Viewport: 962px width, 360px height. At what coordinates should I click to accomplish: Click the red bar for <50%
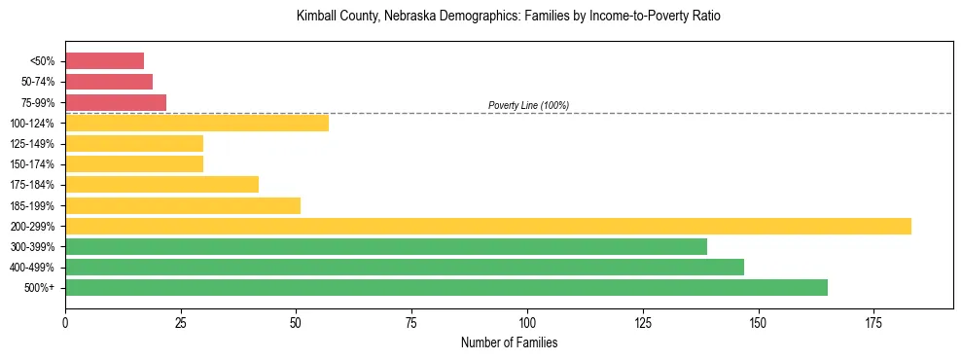pyautogui.click(x=104, y=61)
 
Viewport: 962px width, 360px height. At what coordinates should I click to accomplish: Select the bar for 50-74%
pyautogui.click(x=109, y=82)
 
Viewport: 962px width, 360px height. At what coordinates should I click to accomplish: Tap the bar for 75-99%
pyautogui.click(x=116, y=102)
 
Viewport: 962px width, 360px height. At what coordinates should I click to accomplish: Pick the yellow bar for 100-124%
pyautogui.click(x=196, y=123)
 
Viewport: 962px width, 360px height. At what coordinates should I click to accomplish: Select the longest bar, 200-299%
pyautogui.click(x=487, y=226)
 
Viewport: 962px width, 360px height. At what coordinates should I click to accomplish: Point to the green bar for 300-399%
pyautogui.click(x=386, y=246)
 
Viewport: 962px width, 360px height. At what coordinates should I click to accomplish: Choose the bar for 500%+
pyautogui.click(x=446, y=287)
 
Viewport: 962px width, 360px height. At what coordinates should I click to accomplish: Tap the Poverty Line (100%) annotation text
pyautogui.click(x=528, y=105)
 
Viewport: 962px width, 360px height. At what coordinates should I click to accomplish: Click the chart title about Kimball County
pyautogui.click(x=509, y=17)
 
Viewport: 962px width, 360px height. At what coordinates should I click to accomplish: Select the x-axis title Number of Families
pyautogui.click(x=509, y=342)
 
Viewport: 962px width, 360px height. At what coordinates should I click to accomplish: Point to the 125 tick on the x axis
pyautogui.click(x=643, y=321)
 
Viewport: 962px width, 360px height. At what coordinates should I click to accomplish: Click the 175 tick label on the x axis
pyautogui.click(x=873, y=321)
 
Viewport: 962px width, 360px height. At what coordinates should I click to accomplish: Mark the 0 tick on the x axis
pyautogui.click(x=65, y=321)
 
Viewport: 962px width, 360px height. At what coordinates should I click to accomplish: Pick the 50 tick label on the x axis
pyautogui.click(x=296, y=321)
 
